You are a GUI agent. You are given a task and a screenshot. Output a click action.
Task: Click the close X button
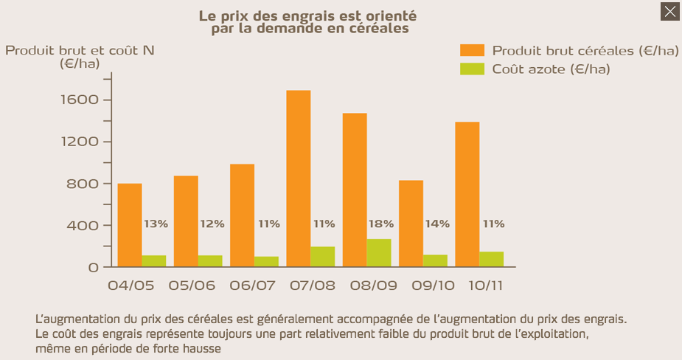[669, 11]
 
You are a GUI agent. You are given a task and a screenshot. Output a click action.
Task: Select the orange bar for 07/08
[299, 178]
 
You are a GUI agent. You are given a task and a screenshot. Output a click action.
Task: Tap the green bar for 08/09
[379, 252]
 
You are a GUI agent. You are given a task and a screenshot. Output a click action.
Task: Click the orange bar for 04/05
[130, 224]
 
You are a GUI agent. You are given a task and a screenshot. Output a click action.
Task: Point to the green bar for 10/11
[491, 259]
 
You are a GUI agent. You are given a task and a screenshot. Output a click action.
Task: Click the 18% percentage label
[381, 224]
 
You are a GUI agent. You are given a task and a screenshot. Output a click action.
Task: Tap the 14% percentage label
[437, 224]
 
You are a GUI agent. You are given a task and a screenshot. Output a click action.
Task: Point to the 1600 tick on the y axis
[83, 100]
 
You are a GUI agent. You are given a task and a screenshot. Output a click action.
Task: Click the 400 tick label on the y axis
[83, 225]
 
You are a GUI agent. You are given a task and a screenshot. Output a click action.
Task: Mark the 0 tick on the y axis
[94, 267]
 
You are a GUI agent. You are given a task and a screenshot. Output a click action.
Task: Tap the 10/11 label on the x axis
[484, 285]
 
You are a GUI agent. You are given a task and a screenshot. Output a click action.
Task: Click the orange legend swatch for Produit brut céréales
[472, 50]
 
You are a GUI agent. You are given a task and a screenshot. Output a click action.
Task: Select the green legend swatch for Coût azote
[472, 69]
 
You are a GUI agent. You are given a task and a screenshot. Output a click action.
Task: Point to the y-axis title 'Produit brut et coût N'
[80, 50]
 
